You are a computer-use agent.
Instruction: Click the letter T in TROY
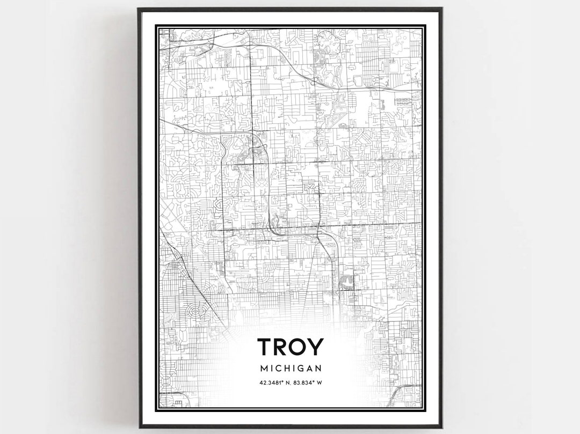point(265,347)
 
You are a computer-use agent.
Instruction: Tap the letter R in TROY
point(281,347)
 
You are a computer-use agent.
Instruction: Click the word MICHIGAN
point(291,369)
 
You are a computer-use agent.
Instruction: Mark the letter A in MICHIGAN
point(310,369)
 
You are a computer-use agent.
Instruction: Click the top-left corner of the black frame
point(139,9)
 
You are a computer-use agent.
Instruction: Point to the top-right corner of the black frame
point(441,9)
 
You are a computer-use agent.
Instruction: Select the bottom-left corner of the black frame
point(139,427)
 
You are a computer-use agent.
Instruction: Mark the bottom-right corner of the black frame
point(441,427)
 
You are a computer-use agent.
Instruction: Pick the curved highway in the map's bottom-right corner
point(400,394)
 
